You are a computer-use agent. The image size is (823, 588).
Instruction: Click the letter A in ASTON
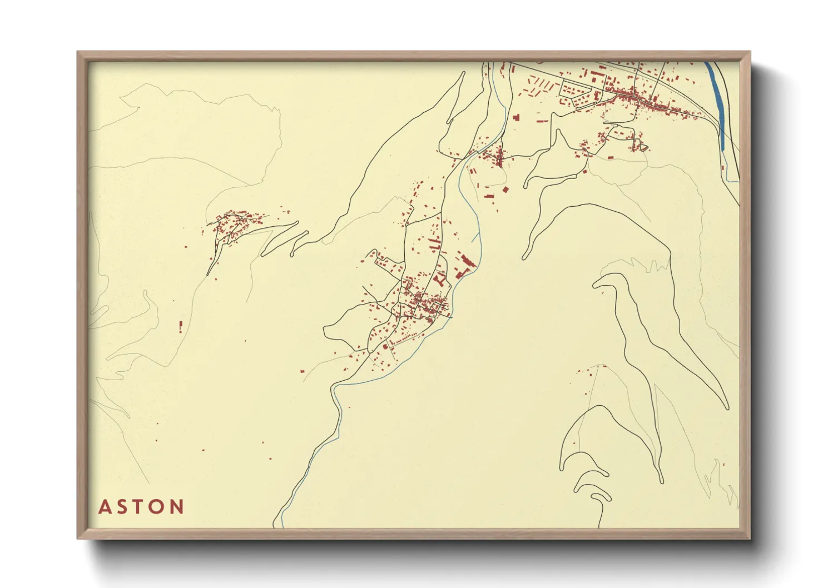click(x=104, y=507)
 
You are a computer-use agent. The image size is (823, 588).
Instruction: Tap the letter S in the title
click(x=122, y=507)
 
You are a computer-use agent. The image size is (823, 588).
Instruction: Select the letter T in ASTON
click(x=140, y=507)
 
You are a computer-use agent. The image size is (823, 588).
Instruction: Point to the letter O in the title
click(x=158, y=507)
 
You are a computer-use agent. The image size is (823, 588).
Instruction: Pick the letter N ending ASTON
click(x=177, y=507)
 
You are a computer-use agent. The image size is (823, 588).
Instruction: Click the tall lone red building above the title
click(x=181, y=326)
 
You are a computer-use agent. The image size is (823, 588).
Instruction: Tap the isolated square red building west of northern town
click(x=515, y=118)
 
